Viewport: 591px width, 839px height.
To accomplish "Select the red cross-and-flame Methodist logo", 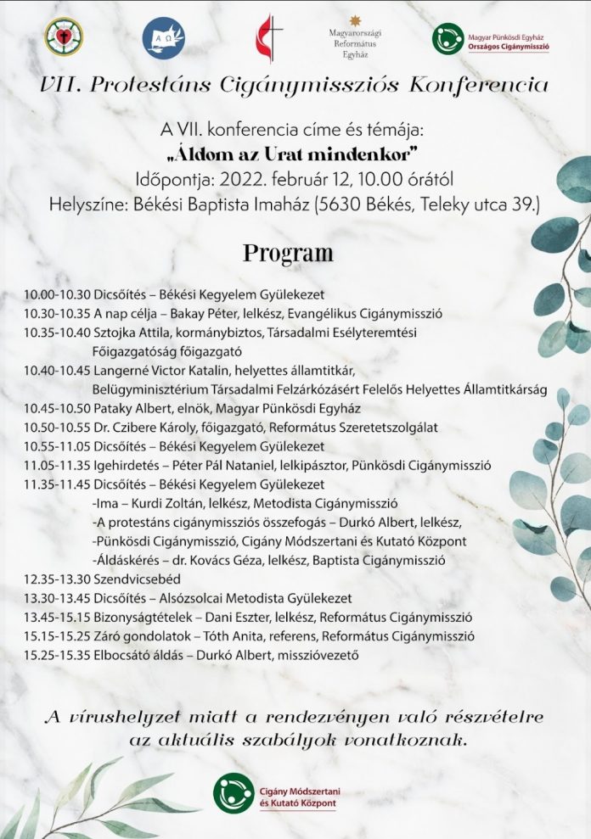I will [266, 38].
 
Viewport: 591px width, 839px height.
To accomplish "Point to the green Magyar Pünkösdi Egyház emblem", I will [447, 38].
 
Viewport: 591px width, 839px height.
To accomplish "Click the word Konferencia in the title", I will [477, 85].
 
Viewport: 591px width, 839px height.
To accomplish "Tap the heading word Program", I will [288, 253].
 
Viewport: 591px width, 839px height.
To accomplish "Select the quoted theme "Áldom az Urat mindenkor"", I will [288, 156].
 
